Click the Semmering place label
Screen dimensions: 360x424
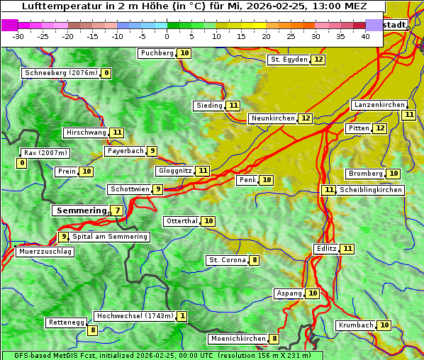[80, 210]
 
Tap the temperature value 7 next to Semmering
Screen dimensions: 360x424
[116, 210]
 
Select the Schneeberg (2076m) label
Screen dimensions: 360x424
[60, 73]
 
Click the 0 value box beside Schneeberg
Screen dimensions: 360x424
[106, 73]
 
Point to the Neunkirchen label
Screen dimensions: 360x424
[272, 118]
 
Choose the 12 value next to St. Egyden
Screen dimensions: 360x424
[318, 60]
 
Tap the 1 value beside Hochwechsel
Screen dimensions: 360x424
[182, 316]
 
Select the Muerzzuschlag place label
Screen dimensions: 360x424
[45, 252]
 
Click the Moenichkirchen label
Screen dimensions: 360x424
[238, 339]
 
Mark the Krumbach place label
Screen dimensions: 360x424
[355, 325]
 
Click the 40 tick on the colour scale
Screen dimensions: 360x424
[365, 36]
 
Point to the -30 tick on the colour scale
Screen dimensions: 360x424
[18, 36]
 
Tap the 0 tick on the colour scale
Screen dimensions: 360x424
[167, 36]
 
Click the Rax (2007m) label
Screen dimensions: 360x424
[45, 153]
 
